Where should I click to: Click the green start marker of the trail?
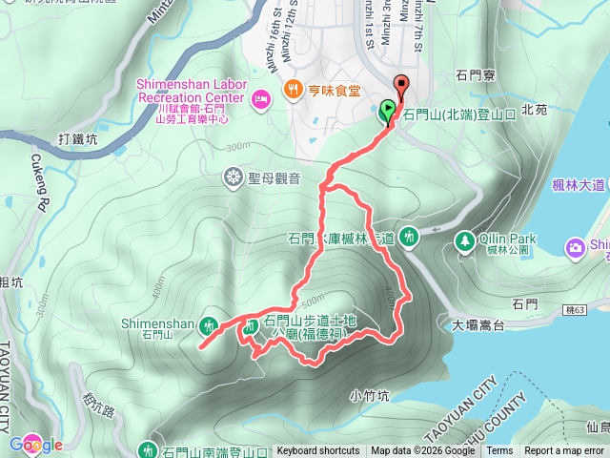[x=388, y=111]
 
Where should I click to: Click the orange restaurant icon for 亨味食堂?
[x=291, y=91]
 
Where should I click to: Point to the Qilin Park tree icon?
[x=464, y=239]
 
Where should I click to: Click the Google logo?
[x=35, y=445]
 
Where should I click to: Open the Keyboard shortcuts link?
[x=318, y=451]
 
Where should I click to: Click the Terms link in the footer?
[x=499, y=451]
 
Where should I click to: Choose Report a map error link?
[x=564, y=451]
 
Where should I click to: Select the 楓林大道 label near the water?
[x=579, y=184]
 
